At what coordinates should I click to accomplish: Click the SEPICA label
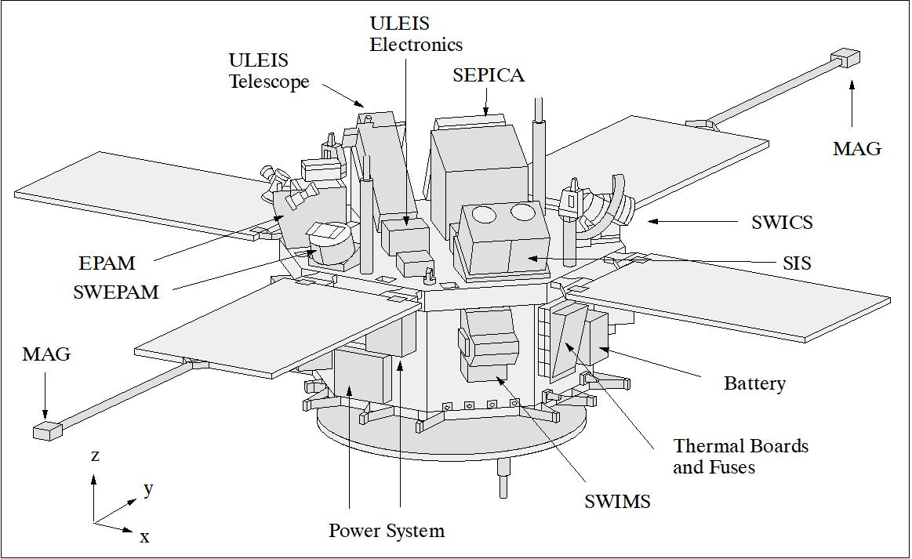pos(488,75)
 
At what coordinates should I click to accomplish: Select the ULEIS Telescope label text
pos(269,71)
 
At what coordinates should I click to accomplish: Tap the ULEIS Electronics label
pos(416,34)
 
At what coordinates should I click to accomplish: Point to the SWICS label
pos(781,222)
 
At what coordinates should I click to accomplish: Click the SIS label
pos(796,263)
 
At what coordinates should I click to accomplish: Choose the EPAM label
pos(107,263)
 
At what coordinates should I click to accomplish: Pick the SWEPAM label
pos(115,292)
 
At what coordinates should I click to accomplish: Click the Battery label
pos(754,383)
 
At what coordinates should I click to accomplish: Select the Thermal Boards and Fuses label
pos(740,456)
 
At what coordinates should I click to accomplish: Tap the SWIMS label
pos(617,502)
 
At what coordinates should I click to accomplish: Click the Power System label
pos(387,531)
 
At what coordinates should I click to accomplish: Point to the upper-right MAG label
pos(856,148)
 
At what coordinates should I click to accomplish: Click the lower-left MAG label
pos(46,354)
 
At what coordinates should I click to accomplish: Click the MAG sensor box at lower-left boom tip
pos(48,430)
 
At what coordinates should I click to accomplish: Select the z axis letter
pos(95,456)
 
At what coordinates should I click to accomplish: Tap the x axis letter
pos(144,537)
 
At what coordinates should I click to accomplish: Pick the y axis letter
pos(148,488)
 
